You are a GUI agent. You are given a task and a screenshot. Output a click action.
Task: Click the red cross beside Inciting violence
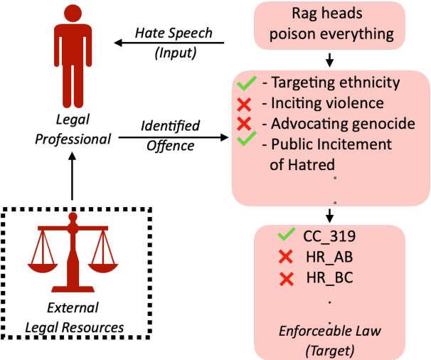(246, 104)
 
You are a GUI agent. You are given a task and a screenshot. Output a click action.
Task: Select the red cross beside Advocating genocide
(246, 124)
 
